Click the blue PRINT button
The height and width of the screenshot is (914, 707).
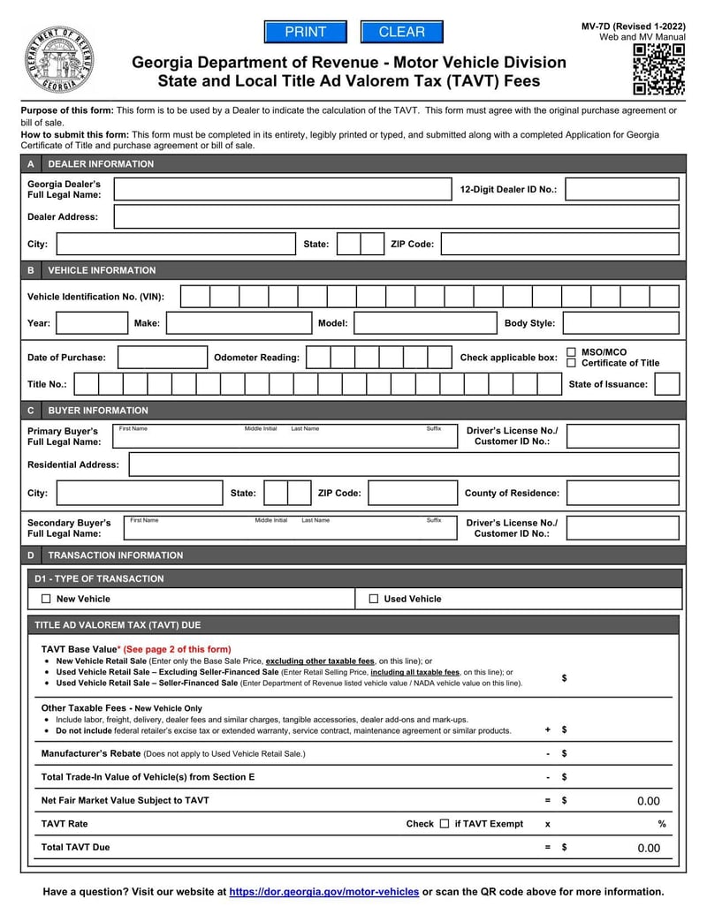tap(306, 32)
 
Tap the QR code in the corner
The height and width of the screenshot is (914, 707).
tap(658, 70)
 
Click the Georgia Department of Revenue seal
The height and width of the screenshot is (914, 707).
tap(58, 59)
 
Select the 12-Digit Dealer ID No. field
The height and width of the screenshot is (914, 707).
tap(621, 189)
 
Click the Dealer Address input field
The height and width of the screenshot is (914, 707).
tap(396, 216)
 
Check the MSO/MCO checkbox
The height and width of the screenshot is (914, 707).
tap(571, 351)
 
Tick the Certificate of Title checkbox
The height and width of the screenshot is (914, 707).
tap(571, 363)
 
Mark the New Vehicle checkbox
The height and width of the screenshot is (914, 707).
tap(46, 599)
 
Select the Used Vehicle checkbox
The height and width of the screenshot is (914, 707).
tap(374, 599)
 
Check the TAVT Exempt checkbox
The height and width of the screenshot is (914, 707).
tap(445, 824)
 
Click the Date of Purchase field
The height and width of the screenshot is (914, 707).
tap(162, 358)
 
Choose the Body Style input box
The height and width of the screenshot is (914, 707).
tap(620, 323)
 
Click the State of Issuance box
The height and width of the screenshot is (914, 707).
tap(666, 384)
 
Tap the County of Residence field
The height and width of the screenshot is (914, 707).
tap(622, 493)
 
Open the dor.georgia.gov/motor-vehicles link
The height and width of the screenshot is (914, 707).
tap(323, 892)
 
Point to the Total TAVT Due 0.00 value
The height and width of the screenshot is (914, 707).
tap(648, 848)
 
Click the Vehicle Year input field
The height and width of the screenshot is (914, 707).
tap(92, 323)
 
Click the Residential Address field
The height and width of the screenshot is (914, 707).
tap(403, 465)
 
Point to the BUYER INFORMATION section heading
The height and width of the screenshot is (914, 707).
tap(98, 411)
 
